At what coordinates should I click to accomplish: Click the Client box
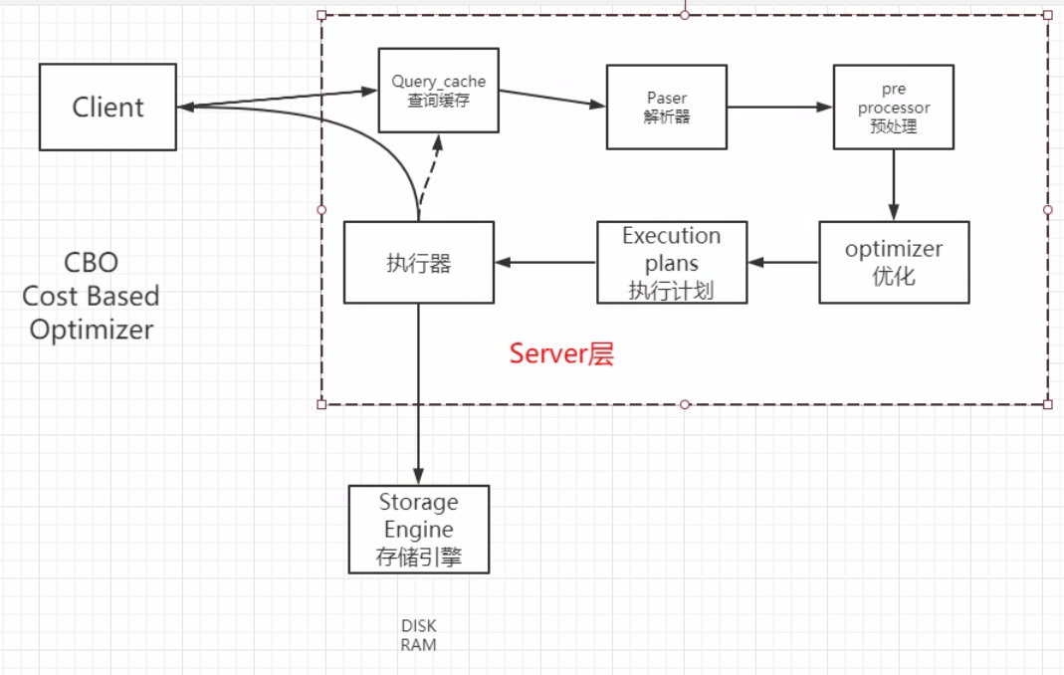tap(107, 107)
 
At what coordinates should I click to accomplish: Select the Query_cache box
tap(438, 90)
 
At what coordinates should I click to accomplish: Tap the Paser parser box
tap(666, 107)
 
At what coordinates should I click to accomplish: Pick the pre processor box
tap(893, 107)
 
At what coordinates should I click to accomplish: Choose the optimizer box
tap(893, 262)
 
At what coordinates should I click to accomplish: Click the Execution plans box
tap(672, 262)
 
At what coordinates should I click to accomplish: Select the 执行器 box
tap(418, 262)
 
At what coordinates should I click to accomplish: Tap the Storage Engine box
tap(418, 529)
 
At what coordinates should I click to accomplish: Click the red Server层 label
tap(561, 353)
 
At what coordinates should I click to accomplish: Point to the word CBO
tap(91, 263)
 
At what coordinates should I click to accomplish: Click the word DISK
tap(418, 626)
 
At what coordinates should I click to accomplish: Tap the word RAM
tap(418, 644)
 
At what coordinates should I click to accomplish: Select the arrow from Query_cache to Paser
tap(551, 98)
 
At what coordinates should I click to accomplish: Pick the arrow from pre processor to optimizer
tap(893, 184)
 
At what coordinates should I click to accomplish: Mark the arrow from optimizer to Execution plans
tap(783, 262)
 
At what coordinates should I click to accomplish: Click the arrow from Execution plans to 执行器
tap(545, 262)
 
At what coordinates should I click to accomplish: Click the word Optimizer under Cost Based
tap(91, 330)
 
